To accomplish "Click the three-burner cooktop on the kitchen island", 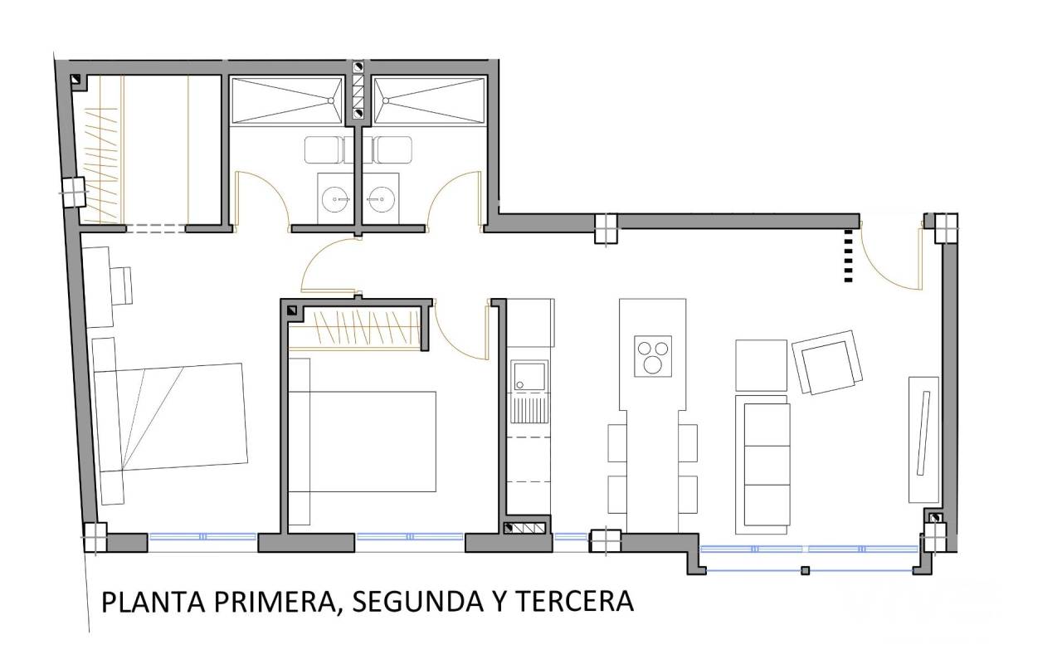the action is tap(653, 356).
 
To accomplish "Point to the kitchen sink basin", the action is tap(529, 377).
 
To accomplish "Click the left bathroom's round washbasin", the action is tap(336, 198).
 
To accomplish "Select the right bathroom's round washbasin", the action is tap(379, 198).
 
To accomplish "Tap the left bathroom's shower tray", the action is tap(287, 101).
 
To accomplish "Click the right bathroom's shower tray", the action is tap(430, 101).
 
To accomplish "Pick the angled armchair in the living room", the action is tap(827, 363).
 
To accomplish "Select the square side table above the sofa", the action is tap(761, 365).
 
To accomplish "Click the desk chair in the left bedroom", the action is tap(121, 286).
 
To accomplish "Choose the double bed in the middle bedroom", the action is tap(363, 442).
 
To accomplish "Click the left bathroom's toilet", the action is tap(324, 150).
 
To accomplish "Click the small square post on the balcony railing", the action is tap(805, 570).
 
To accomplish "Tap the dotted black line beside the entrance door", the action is tap(849, 256).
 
